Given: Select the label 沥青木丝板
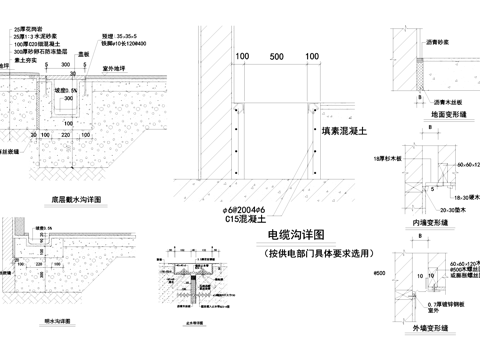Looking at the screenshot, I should (448, 101).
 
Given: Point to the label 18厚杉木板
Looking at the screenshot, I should (386, 159).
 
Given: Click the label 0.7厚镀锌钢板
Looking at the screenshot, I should (452, 303).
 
